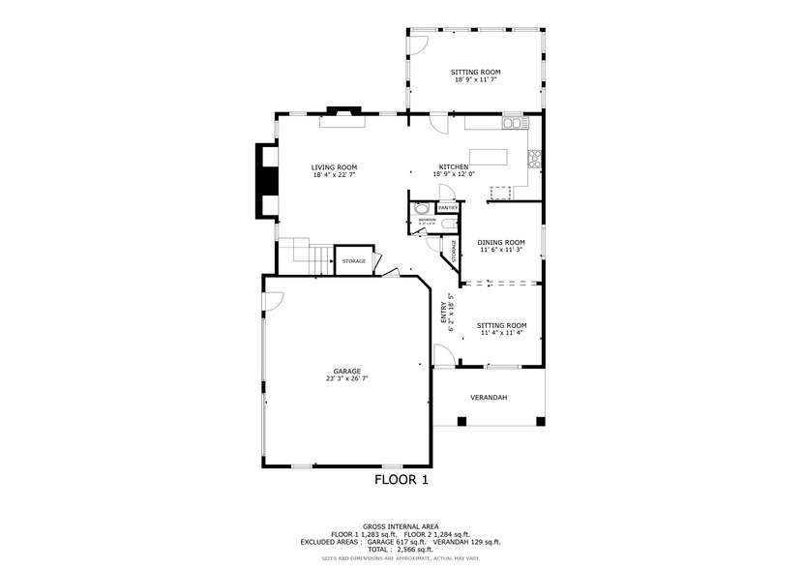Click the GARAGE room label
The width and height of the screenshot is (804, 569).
[346, 371]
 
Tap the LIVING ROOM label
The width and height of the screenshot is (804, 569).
[334, 167]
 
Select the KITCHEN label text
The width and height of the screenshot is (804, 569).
[454, 166]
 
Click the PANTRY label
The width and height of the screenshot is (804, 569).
[448, 208]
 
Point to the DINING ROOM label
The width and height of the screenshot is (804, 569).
[501, 242]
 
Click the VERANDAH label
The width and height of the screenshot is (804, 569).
[489, 397]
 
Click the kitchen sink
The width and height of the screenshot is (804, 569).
[513, 123]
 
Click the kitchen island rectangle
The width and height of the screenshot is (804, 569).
[489, 157]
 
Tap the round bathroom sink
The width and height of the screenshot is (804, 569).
[422, 209]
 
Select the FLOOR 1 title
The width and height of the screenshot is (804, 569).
[401, 479]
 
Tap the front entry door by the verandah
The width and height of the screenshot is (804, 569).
[441, 357]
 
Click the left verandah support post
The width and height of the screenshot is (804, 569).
[462, 421]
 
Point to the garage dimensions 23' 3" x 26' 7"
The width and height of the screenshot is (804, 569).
[346, 379]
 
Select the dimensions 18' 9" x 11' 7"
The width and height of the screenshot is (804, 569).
[476, 79]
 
